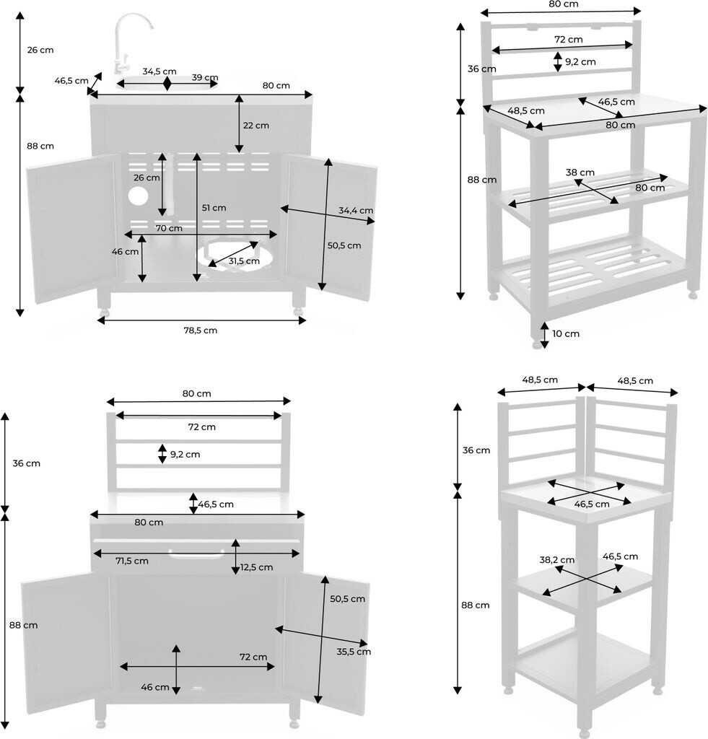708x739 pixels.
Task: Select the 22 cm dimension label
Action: (x=255, y=125)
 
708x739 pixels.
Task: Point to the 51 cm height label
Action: (x=214, y=208)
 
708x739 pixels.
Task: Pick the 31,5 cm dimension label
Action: (x=244, y=261)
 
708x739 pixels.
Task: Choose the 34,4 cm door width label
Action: (x=355, y=211)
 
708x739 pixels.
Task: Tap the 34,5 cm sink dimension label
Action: (x=159, y=71)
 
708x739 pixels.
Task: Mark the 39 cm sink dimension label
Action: (x=205, y=78)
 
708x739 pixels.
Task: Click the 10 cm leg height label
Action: (x=567, y=333)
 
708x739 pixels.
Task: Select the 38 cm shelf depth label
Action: (x=580, y=172)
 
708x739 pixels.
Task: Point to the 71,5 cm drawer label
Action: (x=131, y=561)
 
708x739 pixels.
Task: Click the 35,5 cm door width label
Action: (x=354, y=652)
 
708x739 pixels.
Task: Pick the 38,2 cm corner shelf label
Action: (x=556, y=559)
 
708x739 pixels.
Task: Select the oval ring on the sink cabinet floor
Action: (x=230, y=258)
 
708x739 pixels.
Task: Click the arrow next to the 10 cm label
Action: (x=543, y=333)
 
